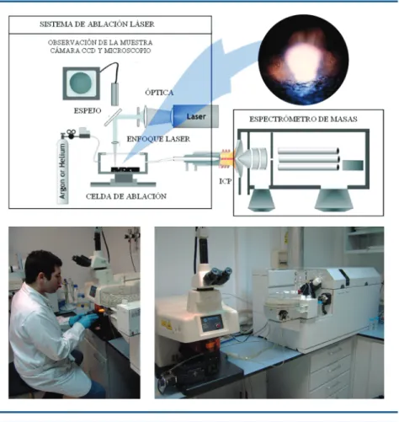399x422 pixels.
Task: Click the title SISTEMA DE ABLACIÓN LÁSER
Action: [97, 24]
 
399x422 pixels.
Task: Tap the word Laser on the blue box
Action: [196, 116]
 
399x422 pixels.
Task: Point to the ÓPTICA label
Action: [159, 93]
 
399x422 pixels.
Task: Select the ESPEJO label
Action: [88, 110]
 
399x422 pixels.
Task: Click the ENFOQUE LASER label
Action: [158, 139]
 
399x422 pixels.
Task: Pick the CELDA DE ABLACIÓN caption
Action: [126, 196]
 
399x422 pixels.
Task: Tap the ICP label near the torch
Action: [226, 181]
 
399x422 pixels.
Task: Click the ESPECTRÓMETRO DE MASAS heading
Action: [303, 119]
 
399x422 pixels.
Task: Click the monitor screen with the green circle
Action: [81, 83]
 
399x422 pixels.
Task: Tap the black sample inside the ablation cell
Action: [125, 169]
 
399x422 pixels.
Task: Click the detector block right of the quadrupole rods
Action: [353, 165]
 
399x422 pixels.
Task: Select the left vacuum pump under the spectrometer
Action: [261, 200]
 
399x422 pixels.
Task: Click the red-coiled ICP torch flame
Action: [226, 158]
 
